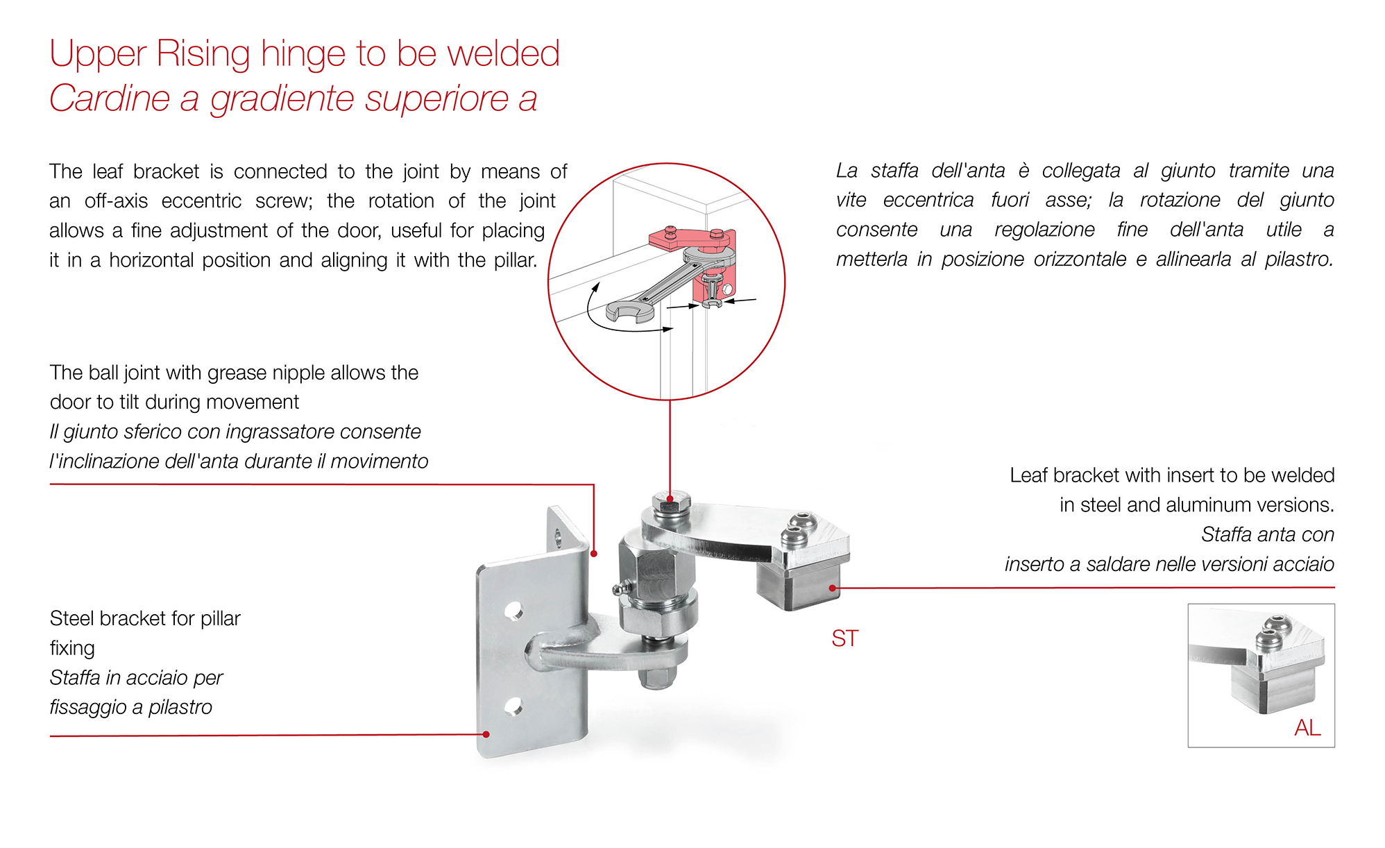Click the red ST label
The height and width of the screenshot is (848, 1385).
pos(844,638)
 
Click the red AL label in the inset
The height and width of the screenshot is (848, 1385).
pos(1307,727)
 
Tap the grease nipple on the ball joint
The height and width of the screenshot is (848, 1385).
pos(619,590)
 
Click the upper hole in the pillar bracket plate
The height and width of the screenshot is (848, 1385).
pos(513,611)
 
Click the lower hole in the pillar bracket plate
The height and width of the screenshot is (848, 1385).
pos(513,707)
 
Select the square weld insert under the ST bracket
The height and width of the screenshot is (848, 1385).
pos(798,586)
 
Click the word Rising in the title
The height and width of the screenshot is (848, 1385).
pos(203,53)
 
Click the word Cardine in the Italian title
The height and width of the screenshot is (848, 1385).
pos(109,98)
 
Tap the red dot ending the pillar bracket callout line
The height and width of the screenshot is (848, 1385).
pos(486,734)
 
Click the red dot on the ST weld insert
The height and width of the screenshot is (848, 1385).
pos(833,588)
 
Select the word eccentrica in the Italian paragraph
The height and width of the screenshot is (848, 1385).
pos(928,201)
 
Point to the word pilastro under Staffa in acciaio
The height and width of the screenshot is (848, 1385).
pos(180,707)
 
